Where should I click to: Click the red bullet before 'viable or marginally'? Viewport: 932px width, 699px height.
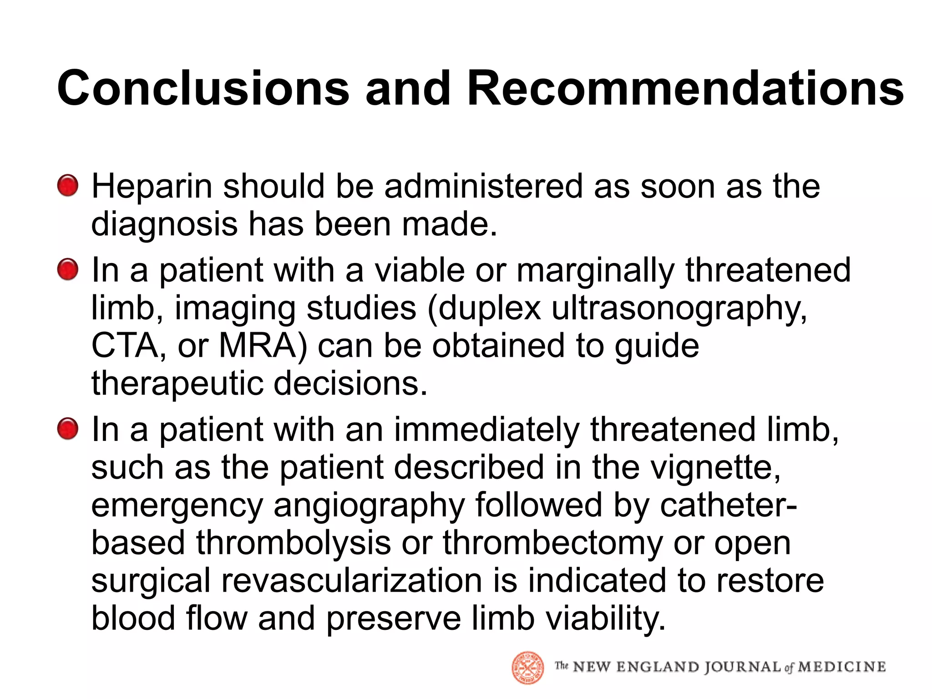tap(68, 269)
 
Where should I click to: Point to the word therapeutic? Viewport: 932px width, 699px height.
tap(177, 383)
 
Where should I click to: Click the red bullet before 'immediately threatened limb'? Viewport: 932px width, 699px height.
tap(68, 429)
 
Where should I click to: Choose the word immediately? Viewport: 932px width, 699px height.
tap(486, 430)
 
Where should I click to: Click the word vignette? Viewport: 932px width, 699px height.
tap(714, 467)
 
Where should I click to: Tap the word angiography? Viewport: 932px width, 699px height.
tap(369, 506)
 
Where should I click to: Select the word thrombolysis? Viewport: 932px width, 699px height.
tap(294, 543)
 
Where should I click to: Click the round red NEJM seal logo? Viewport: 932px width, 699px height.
tap(528, 668)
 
